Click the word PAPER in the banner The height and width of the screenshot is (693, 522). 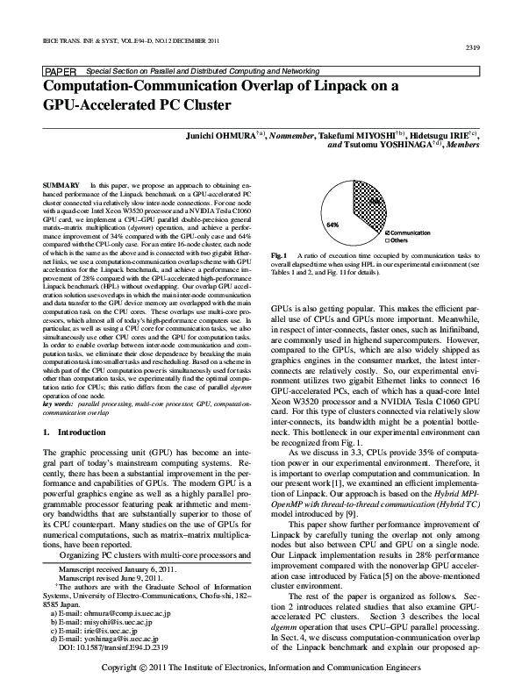pyautogui.click(x=59, y=69)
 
